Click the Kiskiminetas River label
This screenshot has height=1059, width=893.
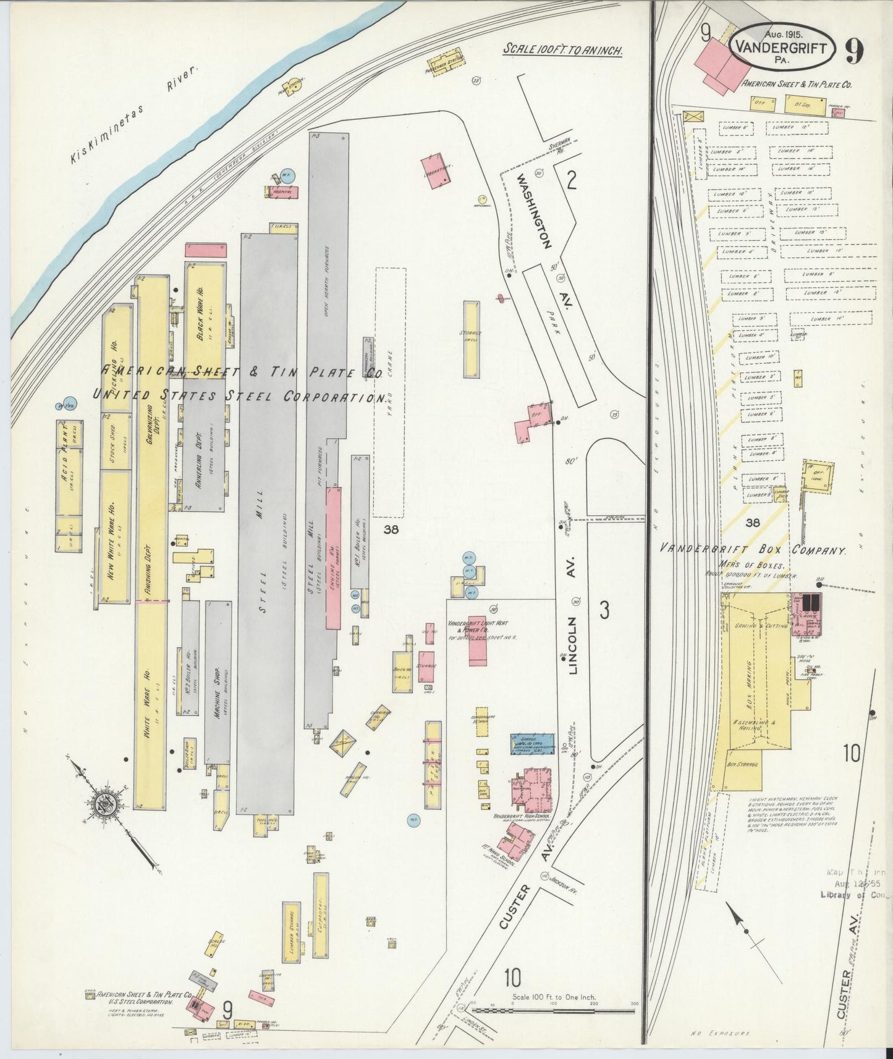click(135, 116)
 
